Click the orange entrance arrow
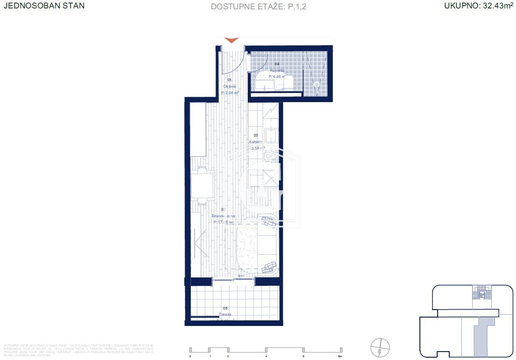coord(231,40)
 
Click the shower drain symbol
coord(317,85)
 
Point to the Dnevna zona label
coord(224,216)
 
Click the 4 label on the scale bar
coord(266,356)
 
